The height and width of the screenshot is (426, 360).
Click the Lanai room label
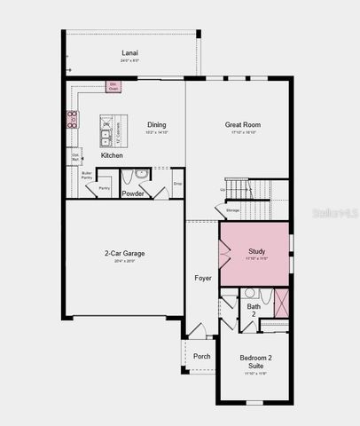point(130,53)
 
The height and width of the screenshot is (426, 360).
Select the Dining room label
point(156,125)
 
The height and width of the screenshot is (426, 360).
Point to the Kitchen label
point(112,155)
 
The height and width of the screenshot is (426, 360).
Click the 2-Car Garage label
point(124,253)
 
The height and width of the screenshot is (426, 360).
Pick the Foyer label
point(203,278)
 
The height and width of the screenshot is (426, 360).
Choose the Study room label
point(257,251)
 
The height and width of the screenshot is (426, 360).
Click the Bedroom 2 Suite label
point(255,361)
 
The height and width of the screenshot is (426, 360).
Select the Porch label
point(202,356)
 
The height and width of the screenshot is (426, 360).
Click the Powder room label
point(133,193)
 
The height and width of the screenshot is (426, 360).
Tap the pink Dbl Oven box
point(113,86)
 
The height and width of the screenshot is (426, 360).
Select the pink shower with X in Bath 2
point(282,303)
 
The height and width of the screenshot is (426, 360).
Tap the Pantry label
point(104,188)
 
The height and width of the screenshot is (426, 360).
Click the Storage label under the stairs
point(232,209)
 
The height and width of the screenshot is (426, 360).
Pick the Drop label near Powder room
point(177,183)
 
